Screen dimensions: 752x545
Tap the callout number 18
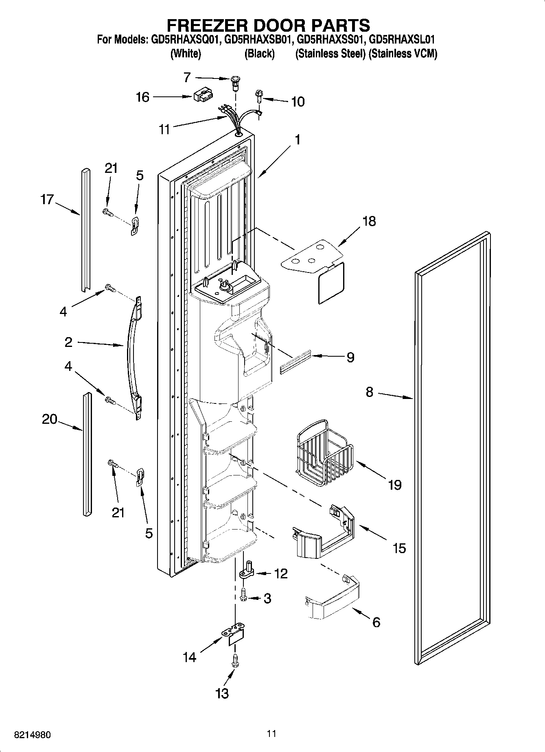(369, 221)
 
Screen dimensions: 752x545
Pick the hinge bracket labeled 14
(234, 635)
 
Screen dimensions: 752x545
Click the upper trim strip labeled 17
(85, 230)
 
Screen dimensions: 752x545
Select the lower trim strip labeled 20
(87, 454)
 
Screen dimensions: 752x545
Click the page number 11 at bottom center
(272, 733)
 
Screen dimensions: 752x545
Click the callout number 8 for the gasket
(369, 392)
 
